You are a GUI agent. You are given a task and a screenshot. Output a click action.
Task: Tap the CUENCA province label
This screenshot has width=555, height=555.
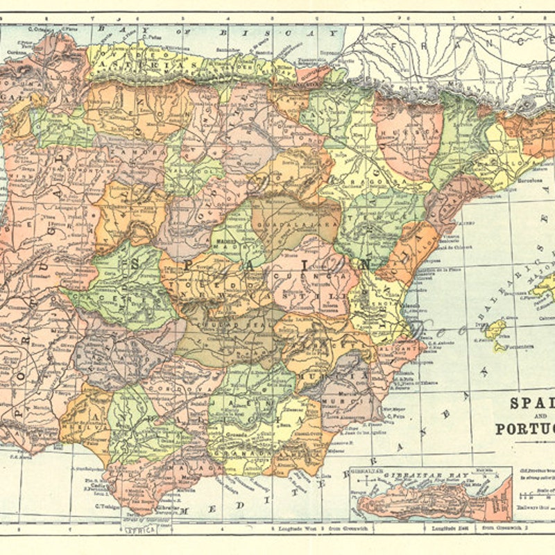(x=312, y=275)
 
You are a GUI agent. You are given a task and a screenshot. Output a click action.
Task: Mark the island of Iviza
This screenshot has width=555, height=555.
(x=495, y=328)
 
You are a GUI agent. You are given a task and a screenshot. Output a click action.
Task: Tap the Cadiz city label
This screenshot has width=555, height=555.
(x=99, y=486)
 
